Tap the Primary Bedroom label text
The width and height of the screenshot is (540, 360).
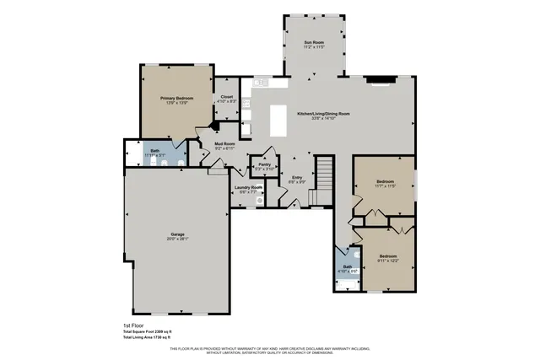(177, 99)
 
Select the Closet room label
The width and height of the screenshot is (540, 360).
(227, 97)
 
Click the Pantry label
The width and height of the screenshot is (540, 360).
(264, 164)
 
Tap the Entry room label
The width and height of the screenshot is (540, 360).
(296, 177)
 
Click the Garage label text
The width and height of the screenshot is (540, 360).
(178, 234)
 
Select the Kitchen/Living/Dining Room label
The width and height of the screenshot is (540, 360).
(323, 113)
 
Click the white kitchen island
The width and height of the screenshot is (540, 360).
(278, 120)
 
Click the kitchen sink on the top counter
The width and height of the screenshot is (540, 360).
(260, 83)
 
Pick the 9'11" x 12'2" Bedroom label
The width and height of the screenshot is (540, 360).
(387, 255)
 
